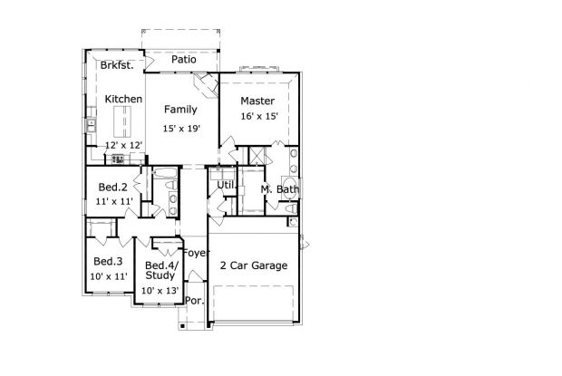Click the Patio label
[183, 59]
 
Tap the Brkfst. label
[117, 65]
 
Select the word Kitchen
[123, 99]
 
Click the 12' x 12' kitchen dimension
[124, 145]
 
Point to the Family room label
[180, 110]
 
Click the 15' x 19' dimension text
[181, 128]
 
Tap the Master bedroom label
[257, 101]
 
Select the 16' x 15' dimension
[259, 116]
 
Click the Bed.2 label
[112, 187]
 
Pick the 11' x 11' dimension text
[114, 202]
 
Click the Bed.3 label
[108, 262]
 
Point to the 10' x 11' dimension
[109, 276]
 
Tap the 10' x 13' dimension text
[160, 291]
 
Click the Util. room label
[227, 185]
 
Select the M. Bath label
[279, 189]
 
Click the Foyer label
[196, 253]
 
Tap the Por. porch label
[195, 301]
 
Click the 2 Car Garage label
[254, 265]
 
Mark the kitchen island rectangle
[122, 121]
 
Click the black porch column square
[182, 326]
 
